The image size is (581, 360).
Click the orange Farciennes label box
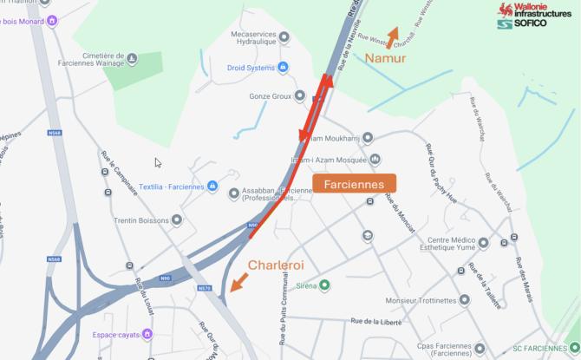[354, 184]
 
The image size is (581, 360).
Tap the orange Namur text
[385, 59]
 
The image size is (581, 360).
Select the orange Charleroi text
[279, 265]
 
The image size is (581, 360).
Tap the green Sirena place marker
[325, 285]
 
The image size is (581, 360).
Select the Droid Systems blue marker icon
[284, 67]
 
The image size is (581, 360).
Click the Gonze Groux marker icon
[300, 95]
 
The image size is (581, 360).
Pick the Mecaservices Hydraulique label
[252, 39]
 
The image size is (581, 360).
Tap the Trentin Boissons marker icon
[177, 220]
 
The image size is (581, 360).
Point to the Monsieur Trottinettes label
[421, 301]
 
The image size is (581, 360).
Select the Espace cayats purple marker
[147, 334]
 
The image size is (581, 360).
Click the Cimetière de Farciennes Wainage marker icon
[132, 59]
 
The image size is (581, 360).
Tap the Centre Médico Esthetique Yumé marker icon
[483, 243]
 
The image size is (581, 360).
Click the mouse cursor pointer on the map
[157, 162]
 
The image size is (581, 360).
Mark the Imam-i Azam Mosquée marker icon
[375, 159]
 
